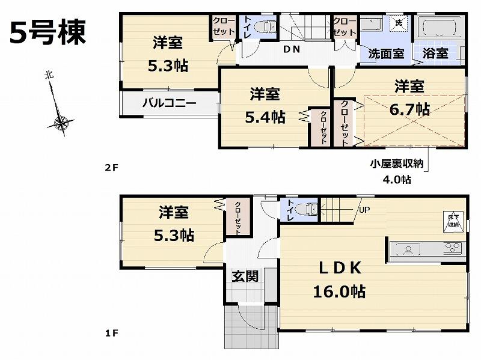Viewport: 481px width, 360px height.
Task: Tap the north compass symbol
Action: [60, 123]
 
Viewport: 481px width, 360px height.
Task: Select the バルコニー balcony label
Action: [169, 103]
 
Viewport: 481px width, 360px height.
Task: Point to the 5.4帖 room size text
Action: [265, 117]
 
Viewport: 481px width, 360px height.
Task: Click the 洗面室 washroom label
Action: [385, 53]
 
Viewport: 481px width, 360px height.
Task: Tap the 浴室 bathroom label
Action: [435, 53]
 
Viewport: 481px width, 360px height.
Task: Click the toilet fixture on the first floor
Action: [309, 210]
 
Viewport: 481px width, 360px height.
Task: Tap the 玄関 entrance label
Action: [245, 276]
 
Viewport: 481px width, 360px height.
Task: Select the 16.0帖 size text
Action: [339, 292]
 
